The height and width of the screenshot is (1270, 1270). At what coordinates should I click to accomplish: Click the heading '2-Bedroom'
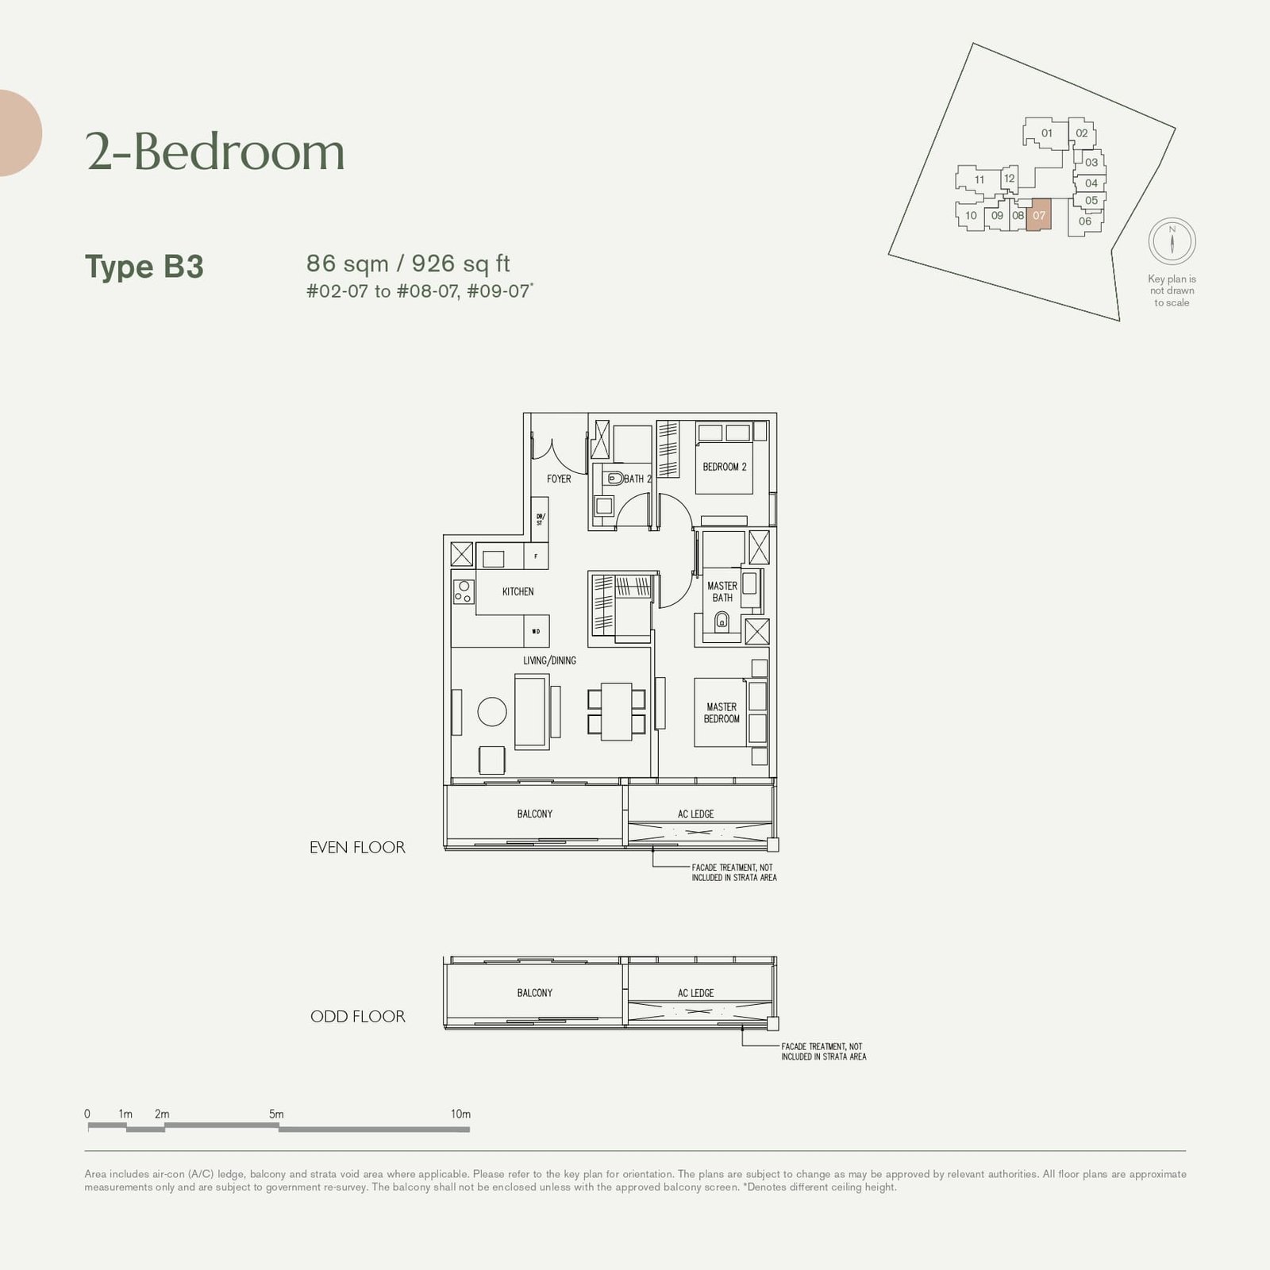pyautogui.click(x=215, y=152)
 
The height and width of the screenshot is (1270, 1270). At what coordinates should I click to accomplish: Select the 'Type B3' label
pyautogui.click(x=144, y=267)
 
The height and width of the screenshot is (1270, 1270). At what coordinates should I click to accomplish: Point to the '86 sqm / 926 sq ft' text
pyautogui.click(x=408, y=264)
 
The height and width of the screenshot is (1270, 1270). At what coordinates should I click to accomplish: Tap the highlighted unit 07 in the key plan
pyautogui.click(x=1039, y=215)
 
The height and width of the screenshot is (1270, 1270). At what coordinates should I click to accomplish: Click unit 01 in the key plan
pyautogui.click(x=1047, y=133)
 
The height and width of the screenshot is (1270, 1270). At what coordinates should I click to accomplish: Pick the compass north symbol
pyautogui.click(x=1172, y=241)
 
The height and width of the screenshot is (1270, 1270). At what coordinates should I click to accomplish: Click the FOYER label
pyautogui.click(x=559, y=479)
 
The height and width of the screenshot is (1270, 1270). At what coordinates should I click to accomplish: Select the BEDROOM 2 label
pyautogui.click(x=724, y=467)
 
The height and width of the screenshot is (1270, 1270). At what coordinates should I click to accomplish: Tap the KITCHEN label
pyautogui.click(x=518, y=591)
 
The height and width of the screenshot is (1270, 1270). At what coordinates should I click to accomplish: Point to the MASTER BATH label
pyautogui.click(x=722, y=591)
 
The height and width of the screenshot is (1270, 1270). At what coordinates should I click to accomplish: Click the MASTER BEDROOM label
pyautogui.click(x=722, y=713)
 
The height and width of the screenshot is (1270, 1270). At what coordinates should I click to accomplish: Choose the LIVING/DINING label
pyautogui.click(x=549, y=660)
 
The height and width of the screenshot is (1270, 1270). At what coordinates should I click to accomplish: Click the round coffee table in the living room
pyautogui.click(x=492, y=711)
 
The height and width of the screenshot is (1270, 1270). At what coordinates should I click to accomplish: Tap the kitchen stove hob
pyautogui.click(x=464, y=591)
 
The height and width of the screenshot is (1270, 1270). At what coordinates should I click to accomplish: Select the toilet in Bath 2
pyautogui.click(x=614, y=479)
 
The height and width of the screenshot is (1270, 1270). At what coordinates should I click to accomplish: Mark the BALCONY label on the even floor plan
pyautogui.click(x=534, y=814)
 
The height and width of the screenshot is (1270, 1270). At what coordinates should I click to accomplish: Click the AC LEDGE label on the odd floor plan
pyautogui.click(x=695, y=993)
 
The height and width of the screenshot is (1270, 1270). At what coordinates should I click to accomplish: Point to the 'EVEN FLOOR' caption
pyautogui.click(x=357, y=848)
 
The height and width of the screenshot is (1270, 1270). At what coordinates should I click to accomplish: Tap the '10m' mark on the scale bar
pyautogui.click(x=460, y=1114)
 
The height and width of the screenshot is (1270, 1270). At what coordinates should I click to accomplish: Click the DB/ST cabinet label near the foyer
pyautogui.click(x=540, y=520)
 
